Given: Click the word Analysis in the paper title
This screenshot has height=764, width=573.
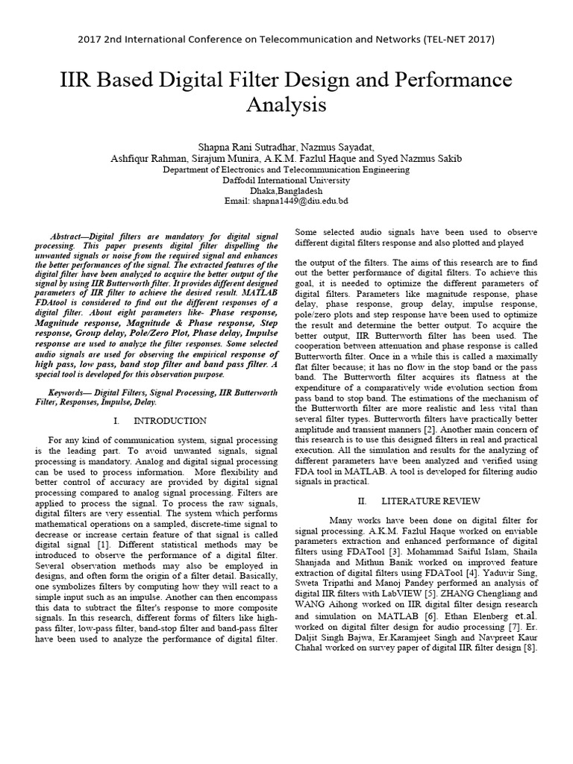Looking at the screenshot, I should pos(286,105).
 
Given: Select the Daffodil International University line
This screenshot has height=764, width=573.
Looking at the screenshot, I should pos(286,180).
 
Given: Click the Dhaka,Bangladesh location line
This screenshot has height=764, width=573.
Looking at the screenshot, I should pos(286,190).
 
